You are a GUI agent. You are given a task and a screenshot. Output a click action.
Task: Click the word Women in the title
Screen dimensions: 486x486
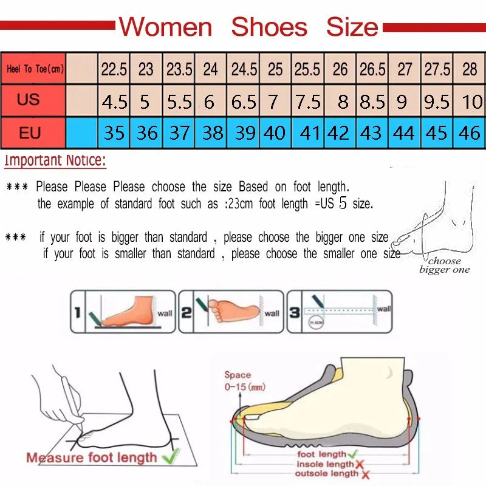(x=165, y=27)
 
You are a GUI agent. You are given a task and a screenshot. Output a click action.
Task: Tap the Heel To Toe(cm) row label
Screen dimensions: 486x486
(x=35, y=69)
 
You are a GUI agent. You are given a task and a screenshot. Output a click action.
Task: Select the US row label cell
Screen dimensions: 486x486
(x=29, y=99)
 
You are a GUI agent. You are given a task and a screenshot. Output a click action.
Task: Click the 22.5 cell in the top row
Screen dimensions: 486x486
(x=114, y=69)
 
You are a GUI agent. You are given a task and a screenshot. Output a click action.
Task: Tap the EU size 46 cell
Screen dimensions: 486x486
(x=469, y=132)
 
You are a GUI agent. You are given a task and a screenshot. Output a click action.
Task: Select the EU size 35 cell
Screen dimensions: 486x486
(x=114, y=132)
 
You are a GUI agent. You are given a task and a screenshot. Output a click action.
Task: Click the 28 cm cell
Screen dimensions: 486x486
(x=470, y=69)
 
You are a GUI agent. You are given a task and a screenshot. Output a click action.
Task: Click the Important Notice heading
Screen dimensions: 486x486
(x=55, y=161)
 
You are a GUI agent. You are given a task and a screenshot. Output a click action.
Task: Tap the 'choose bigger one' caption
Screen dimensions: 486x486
(x=444, y=265)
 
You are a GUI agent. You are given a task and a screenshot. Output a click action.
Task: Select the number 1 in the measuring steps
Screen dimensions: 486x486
(x=77, y=313)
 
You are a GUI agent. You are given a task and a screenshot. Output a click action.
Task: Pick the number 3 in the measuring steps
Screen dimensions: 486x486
(x=294, y=313)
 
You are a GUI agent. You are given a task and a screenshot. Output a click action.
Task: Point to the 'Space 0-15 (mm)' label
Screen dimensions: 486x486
(x=243, y=381)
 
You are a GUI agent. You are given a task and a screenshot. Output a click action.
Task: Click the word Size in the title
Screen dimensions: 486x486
(x=352, y=27)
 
